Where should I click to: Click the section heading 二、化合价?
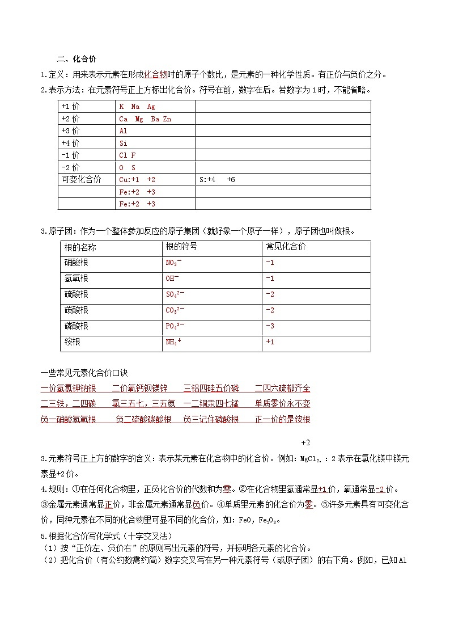coord(77,59)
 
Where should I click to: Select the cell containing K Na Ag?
coord(137,107)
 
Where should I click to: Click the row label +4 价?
coord(71,144)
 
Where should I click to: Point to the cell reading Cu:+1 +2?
coord(137,180)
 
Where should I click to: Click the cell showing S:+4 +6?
coord(217,180)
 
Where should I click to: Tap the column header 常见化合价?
coord(286,247)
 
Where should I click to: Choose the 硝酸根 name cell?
coord(77,263)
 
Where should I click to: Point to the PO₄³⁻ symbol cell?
coord(175,327)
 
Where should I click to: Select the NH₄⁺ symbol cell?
coord(173,343)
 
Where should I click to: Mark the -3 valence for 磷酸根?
coord(270,327)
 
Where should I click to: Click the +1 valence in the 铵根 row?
coord(270,343)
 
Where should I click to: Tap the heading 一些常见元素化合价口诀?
coord(84,373)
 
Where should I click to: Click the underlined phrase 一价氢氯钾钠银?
coord(68,389)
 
